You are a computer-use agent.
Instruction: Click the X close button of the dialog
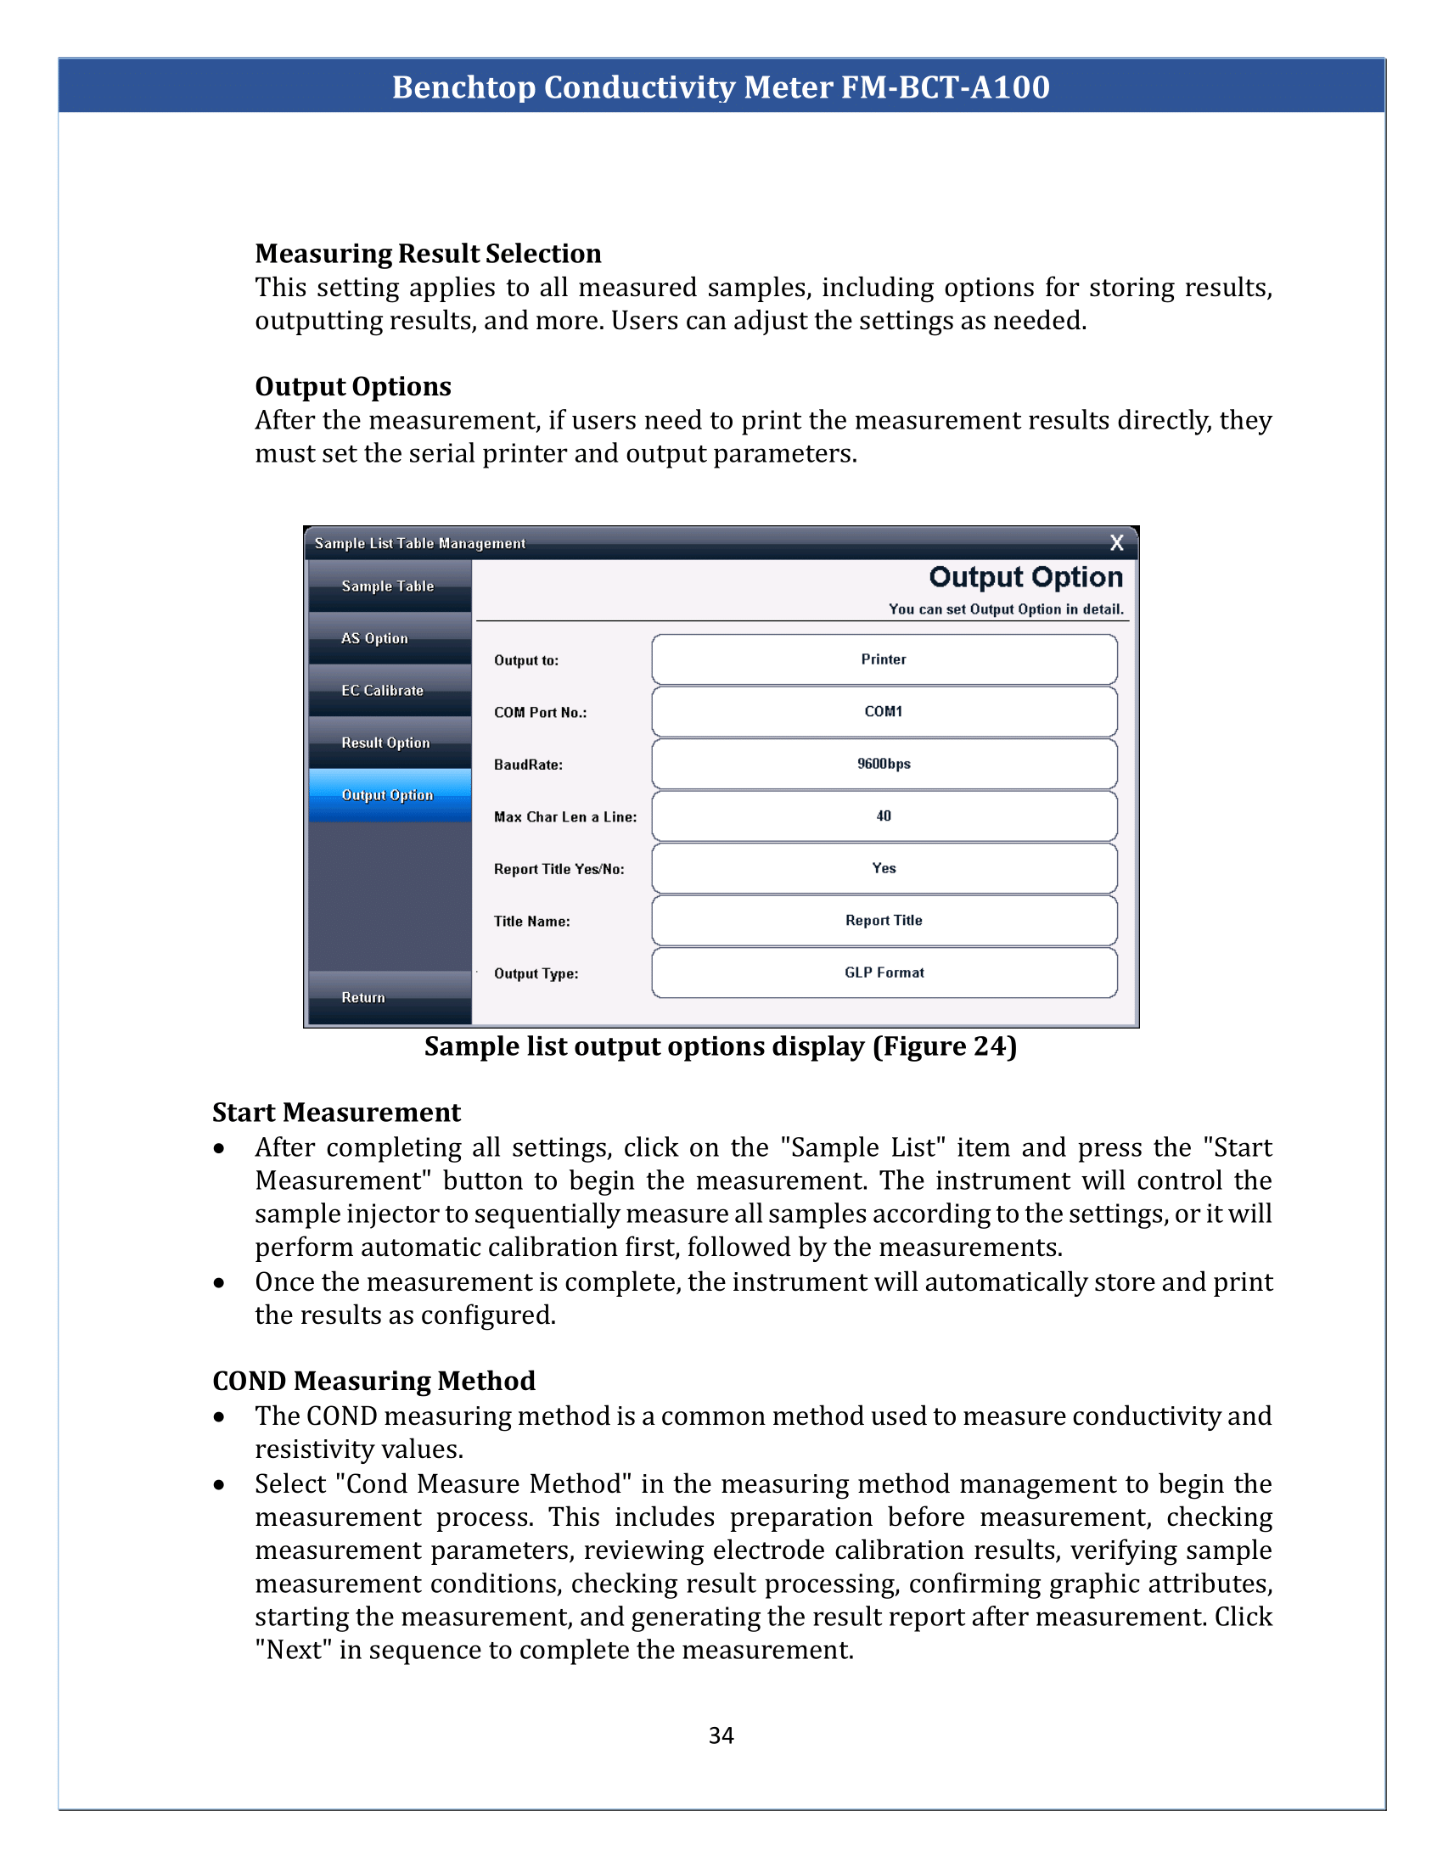[x=1115, y=543]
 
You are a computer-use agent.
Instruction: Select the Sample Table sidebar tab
[x=389, y=586]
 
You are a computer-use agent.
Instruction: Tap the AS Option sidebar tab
[x=389, y=638]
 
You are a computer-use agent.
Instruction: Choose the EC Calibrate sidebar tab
[x=389, y=691]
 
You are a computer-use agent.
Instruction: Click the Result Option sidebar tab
[x=389, y=743]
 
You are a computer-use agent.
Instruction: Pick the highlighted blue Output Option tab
[x=389, y=795]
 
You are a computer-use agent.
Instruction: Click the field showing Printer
[x=884, y=659]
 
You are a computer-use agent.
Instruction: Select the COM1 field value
[x=884, y=711]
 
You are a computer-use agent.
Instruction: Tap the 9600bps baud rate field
[x=884, y=764]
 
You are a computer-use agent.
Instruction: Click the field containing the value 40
[x=884, y=816]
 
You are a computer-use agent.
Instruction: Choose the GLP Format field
[x=884, y=972]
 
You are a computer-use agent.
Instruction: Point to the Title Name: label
[x=531, y=922]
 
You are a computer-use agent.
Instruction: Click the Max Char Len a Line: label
[x=565, y=817]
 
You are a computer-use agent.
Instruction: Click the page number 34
[x=721, y=1735]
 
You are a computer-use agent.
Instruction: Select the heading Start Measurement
[x=336, y=1113]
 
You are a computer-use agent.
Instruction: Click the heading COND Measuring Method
[x=373, y=1381]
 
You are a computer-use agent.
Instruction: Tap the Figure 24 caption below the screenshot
[x=721, y=1046]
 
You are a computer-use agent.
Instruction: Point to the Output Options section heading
[x=353, y=386]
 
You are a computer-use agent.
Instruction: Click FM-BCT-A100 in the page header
[x=945, y=87]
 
